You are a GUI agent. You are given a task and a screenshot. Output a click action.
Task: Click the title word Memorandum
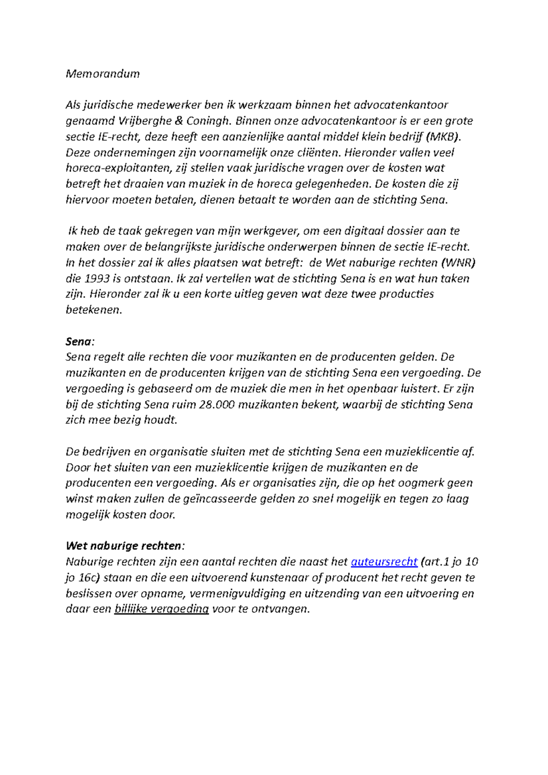[103, 74]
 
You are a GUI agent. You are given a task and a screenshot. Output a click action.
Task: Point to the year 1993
[100, 279]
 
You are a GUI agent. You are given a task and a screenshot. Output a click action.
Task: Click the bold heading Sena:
[79, 342]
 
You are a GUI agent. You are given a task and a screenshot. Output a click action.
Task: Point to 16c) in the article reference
[88, 578]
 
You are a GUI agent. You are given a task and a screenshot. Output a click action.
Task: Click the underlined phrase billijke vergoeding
[162, 609]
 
